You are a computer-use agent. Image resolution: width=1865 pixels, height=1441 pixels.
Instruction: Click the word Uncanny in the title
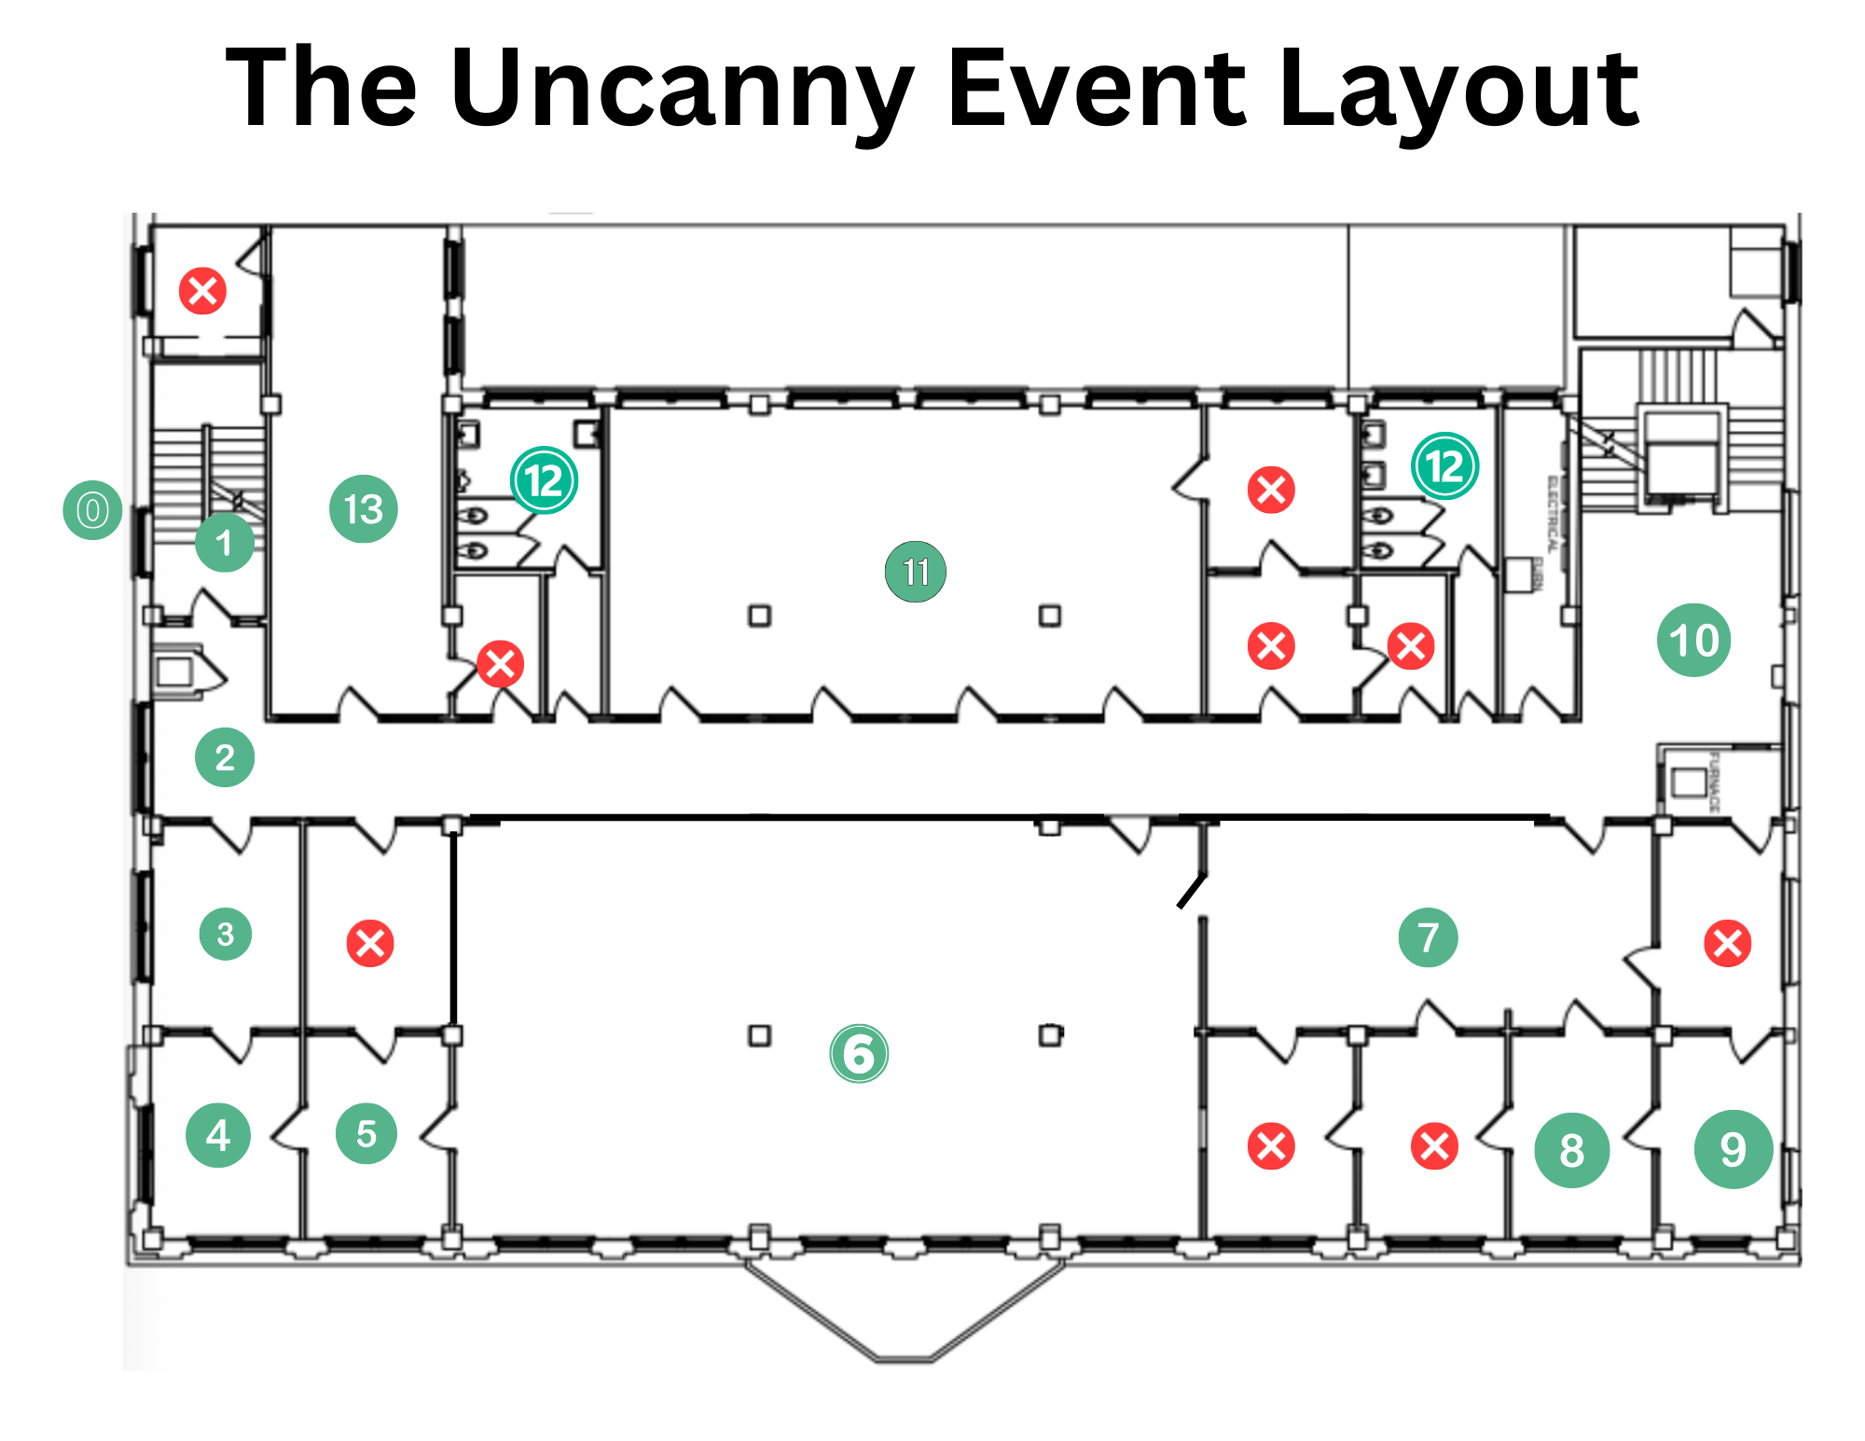pyautogui.click(x=682, y=89)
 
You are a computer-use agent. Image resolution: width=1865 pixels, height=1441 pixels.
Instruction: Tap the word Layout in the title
pyautogui.click(x=1458, y=89)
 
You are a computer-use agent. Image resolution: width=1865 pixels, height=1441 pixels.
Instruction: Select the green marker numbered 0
pyautogui.click(x=92, y=510)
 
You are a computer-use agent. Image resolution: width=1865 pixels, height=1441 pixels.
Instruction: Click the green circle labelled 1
pyautogui.click(x=225, y=542)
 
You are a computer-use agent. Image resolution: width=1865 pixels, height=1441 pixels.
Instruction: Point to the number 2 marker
pyautogui.click(x=225, y=757)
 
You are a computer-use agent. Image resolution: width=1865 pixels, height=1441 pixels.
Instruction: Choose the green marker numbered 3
pyautogui.click(x=226, y=934)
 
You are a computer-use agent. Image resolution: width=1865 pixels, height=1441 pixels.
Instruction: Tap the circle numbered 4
pyautogui.click(x=218, y=1135)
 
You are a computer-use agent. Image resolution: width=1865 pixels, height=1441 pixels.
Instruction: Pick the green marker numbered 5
pyautogui.click(x=366, y=1134)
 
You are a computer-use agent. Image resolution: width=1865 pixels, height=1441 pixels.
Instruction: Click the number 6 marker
pyautogui.click(x=859, y=1054)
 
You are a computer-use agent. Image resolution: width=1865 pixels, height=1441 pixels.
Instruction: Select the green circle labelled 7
pyautogui.click(x=1428, y=937)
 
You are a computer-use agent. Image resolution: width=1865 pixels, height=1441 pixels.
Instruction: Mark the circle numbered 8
pyautogui.click(x=1572, y=1150)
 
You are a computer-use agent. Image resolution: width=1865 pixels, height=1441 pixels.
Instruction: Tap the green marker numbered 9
pyautogui.click(x=1733, y=1149)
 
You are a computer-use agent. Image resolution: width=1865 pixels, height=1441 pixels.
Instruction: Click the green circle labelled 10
pyautogui.click(x=1693, y=640)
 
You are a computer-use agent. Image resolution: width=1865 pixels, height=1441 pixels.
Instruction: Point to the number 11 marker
pyautogui.click(x=916, y=572)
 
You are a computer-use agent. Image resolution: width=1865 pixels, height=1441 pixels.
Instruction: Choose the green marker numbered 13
pyautogui.click(x=364, y=509)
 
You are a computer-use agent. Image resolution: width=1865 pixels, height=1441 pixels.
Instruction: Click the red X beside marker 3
pyautogui.click(x=370, y=943)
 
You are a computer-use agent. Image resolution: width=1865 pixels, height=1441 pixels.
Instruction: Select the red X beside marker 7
pyautogui.click(x=1727, y=943)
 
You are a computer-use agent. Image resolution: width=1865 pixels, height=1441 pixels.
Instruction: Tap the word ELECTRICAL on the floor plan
pyautogui.click(x=1553, y=513)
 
